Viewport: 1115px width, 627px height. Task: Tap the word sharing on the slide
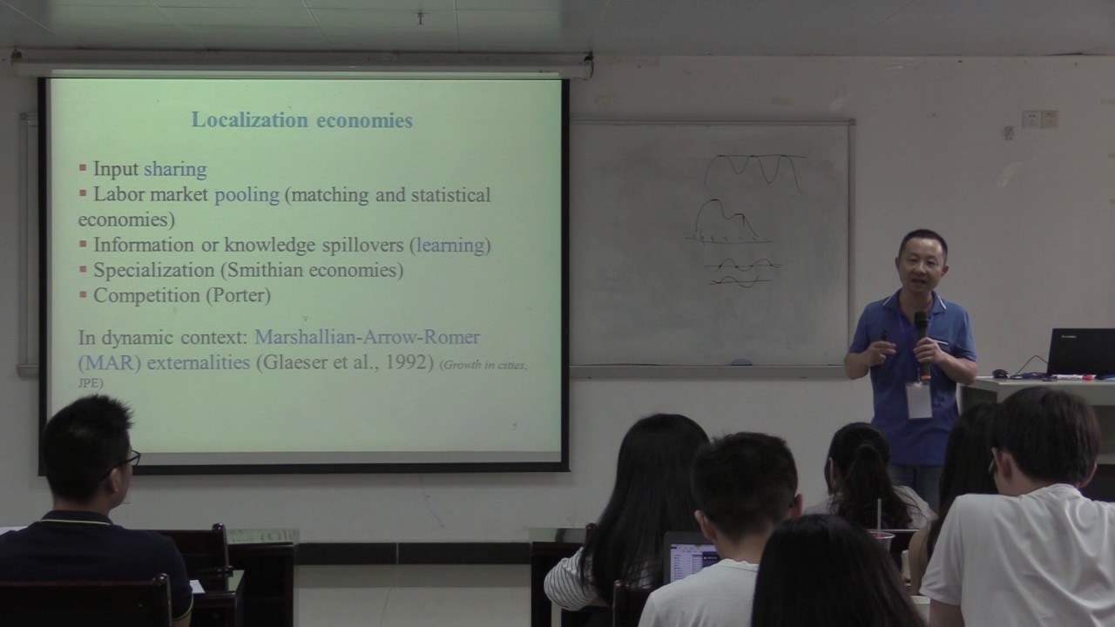coord(175,169)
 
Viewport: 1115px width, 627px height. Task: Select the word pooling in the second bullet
coord(247,195)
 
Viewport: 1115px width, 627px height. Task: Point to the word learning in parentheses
coord(450,246)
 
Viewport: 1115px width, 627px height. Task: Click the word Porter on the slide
coord(238,296)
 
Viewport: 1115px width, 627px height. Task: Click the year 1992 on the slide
coord(408,362)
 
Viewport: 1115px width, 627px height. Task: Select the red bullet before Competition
coord(84,295)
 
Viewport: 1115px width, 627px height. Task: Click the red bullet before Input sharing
coord(84,168)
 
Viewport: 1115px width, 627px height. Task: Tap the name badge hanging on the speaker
coord(918,400)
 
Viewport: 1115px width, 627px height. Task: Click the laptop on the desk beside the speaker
coord(1079,352)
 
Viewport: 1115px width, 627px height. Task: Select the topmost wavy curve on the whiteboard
coord(753,167)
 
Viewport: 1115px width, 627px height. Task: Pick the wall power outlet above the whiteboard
coord(1040,118)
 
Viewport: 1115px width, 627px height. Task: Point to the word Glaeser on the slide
coord(294,362)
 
